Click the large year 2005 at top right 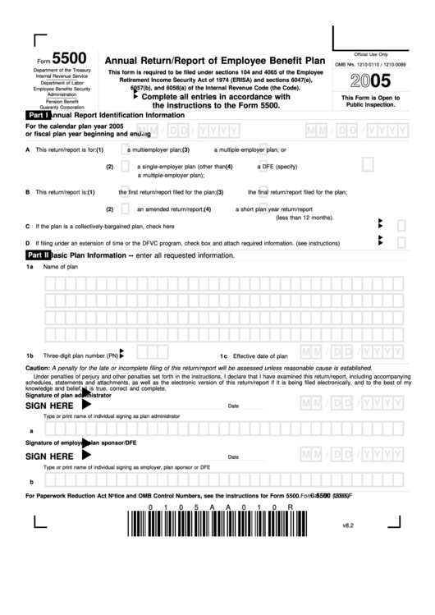[372, 81]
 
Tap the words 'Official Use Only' [371, 53]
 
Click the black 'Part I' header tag [38, 116]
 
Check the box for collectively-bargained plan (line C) [402, 224]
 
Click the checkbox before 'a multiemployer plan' [122, 150]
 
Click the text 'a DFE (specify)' [278, 167]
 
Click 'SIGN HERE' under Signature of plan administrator [49, 406]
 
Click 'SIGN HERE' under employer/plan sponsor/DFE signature [49, 457]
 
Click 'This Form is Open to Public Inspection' [371, 101]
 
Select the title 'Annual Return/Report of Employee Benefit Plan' [211, 59]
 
